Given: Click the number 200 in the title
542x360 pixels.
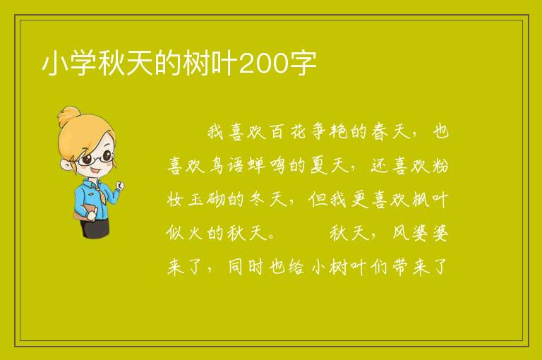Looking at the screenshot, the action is (263, 64).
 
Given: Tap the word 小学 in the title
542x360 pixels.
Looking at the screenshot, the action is (69, 64).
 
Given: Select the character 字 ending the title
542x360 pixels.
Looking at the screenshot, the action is (303, 64).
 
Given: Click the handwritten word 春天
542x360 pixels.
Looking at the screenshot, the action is (390, 131).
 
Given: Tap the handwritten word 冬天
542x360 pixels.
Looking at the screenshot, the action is (268, 199).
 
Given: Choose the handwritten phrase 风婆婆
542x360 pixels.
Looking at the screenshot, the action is (421, 232).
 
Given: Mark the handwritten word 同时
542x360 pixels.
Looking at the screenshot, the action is (246, 266).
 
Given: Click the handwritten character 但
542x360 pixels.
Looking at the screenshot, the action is (318, 199).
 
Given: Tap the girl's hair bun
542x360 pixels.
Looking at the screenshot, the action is (68, 116).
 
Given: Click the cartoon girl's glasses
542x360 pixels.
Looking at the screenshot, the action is (95, 158).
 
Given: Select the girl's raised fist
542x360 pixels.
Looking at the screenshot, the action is (120, 186).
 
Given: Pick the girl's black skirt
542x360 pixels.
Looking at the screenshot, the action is (95, 229).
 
